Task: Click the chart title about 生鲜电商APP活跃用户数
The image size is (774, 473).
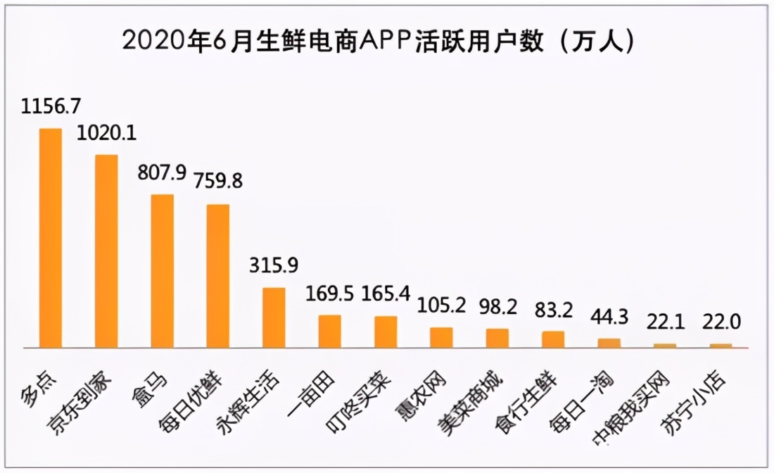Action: click(x=380, y=40)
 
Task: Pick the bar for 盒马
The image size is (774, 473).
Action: click(x=163, y=271)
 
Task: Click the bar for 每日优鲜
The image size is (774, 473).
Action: click(x=218, y=276)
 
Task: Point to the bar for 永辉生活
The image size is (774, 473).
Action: click(x=274, y=317)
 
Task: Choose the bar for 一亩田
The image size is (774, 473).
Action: click(x=330, y=331)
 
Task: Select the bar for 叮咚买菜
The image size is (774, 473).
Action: click(x=386, y=332)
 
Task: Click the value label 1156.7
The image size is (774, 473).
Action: click(x=51, y=107)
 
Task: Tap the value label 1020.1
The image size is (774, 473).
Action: click(x=107, y=133)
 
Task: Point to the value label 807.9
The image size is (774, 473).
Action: click(x=163, y=172)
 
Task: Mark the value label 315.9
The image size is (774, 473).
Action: click(x=274, y=265)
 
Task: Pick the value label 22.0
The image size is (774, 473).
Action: click(x=721, y=323)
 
